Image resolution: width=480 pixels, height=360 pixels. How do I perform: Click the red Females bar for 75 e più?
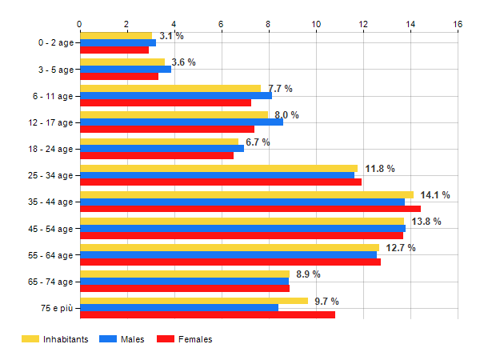pos(207,314)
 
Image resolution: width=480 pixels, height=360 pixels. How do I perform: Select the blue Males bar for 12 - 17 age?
pos(181,122)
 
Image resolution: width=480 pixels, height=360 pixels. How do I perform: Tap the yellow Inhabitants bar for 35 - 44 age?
pos(246,194)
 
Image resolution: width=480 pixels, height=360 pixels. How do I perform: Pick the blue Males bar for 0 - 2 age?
pos(118,42)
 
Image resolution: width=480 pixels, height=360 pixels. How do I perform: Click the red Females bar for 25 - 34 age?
pos(220,182)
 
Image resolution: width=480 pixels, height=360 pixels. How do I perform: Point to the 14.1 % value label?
pos(435,194)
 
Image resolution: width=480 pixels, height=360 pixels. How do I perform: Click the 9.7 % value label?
pos(326,301)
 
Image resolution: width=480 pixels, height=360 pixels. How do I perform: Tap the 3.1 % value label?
pos(171,36)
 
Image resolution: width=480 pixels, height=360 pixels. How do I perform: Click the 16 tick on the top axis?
pos(458,25)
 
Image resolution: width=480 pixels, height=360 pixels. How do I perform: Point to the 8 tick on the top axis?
pos(268,25)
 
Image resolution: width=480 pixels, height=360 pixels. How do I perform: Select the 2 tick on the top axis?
pos(126,25)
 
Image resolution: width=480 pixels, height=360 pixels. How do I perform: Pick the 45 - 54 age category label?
pos(50,229)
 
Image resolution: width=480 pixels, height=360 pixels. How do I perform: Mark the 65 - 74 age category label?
pos(50,282)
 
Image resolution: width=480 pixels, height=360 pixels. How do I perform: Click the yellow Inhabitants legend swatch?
pos(30,339)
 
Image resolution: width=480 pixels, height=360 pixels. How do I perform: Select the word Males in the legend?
pos(134,339)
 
